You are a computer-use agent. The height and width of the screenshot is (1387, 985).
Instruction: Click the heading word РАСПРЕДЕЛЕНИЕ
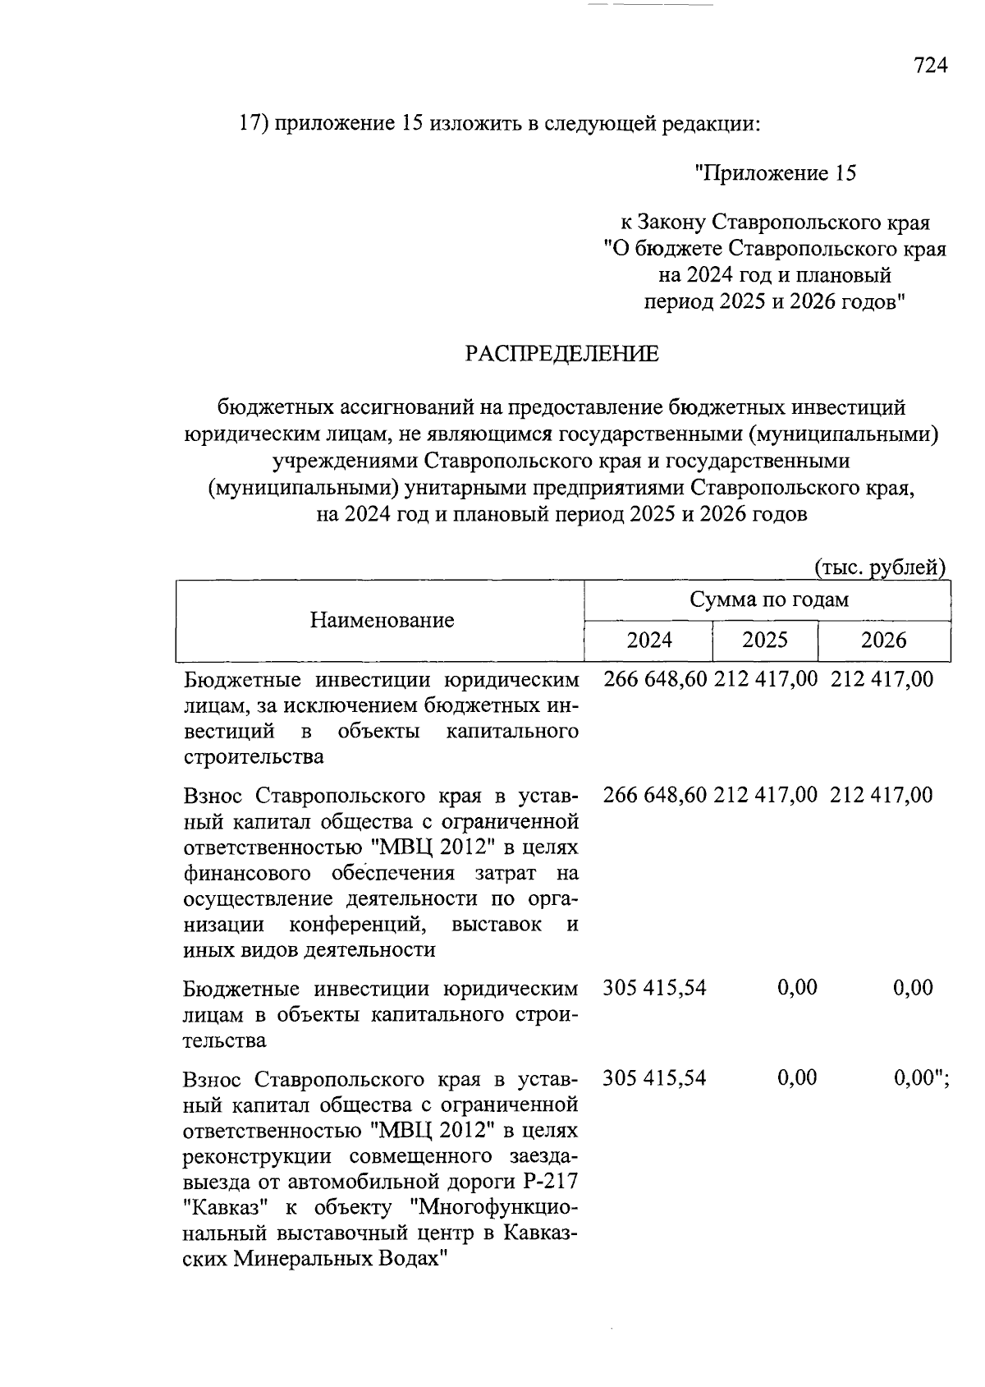click(561, 354)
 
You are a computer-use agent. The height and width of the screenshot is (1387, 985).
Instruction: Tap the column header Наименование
click(382, 620)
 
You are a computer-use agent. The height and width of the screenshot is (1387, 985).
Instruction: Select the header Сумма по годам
click(768, 599)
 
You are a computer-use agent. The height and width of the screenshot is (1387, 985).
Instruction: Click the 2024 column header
click(649, 640)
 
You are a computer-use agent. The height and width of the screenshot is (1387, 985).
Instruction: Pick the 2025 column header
click(764, 640)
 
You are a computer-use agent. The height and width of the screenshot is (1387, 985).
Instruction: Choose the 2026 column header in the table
click(883, 640)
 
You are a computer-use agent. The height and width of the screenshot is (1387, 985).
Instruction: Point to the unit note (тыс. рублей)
click(880, 567)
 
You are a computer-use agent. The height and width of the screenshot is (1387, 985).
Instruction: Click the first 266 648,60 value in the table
click(655, 679)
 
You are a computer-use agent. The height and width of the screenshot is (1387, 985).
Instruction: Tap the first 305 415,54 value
click(654, 987)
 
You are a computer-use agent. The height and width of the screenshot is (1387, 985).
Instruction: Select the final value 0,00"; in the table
click(921, 1077)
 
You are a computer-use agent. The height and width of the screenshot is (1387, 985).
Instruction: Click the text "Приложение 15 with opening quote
click(775, 173)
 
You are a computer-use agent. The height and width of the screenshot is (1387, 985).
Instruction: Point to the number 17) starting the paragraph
click(253, 124)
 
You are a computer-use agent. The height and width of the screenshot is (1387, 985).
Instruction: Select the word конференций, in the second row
click(358, 924)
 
